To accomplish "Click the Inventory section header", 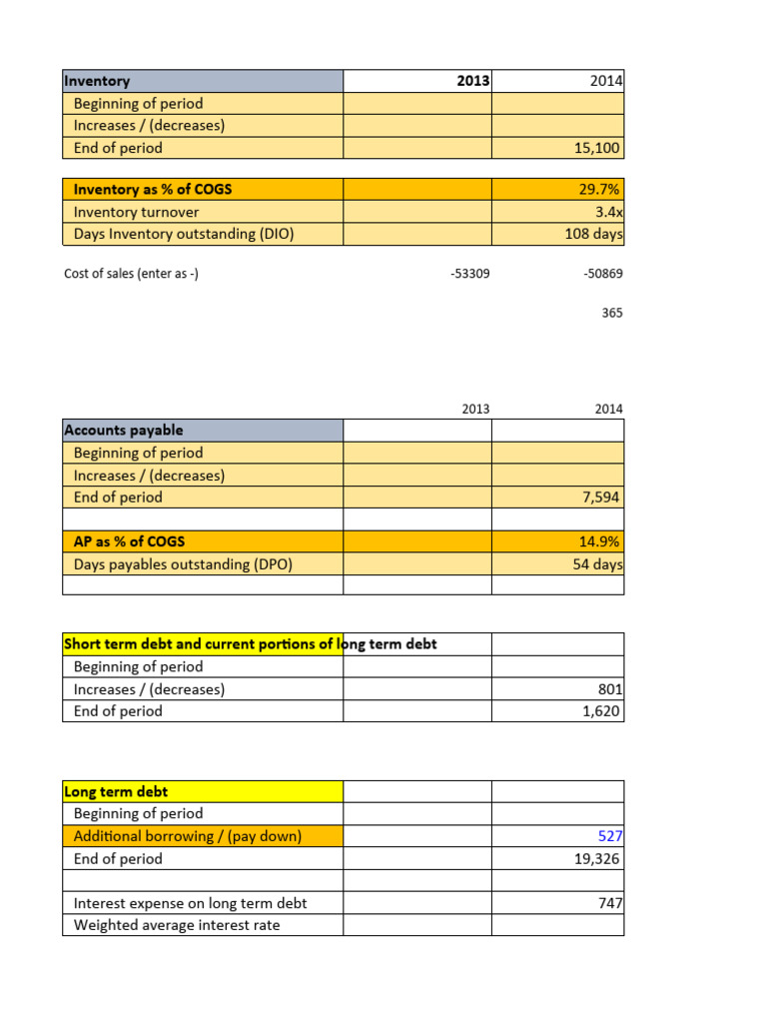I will pos(97,81).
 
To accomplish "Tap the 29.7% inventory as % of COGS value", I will pos(602,189).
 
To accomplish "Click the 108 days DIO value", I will pos(594,235).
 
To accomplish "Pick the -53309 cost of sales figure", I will pos(470,273).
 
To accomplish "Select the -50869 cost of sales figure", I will pos(602,273).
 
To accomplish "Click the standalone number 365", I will pos(612,313).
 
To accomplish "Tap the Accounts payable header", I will pos(124,431).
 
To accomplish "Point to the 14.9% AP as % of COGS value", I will pos(602,541).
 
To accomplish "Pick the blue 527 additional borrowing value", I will pos(610,836).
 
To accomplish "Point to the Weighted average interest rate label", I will pos(177,925).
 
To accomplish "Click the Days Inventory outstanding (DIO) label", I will pos(184,235).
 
